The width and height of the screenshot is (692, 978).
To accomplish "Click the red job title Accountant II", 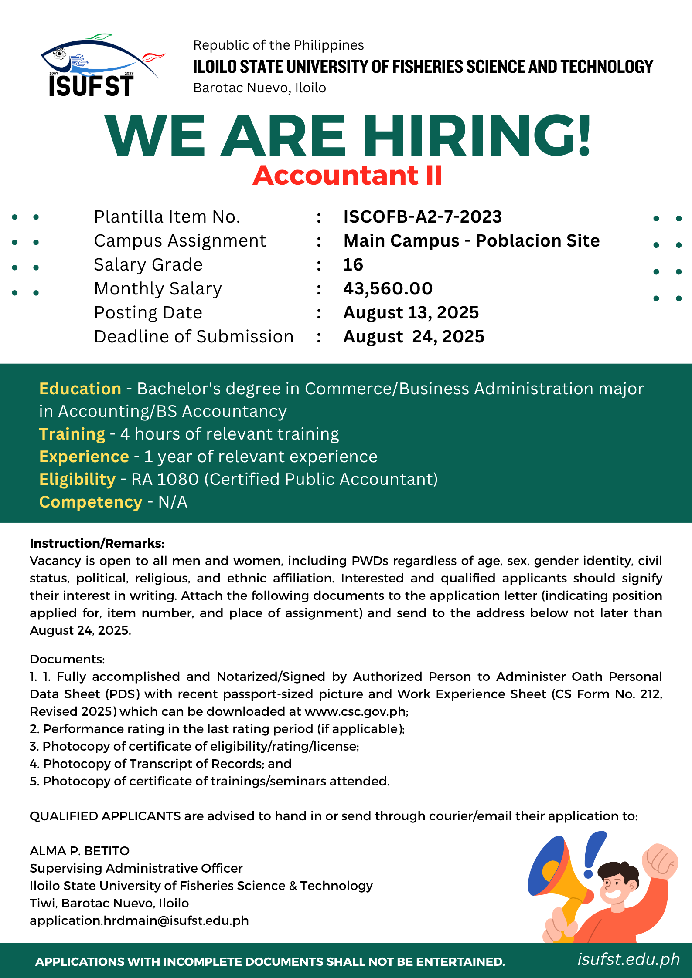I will tap(348, 176).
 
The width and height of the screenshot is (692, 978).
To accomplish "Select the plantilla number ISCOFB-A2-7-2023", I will tap(423, 217).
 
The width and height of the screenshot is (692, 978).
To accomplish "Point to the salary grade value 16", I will tap(353, 264).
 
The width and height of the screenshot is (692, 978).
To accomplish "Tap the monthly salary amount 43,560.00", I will tap(388, 288).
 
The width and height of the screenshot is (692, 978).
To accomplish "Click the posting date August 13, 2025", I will tap(411, 312).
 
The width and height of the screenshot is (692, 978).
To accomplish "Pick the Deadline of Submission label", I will tap(194, 337).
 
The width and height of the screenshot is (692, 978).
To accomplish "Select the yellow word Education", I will tap(80, 389).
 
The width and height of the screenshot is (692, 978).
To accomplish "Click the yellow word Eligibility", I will tap(77, 479).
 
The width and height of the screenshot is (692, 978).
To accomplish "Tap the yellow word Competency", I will tap(91, 502).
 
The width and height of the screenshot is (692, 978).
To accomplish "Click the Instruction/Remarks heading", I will tap(97, 543).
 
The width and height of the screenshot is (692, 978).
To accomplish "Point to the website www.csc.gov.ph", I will tap(355, 711).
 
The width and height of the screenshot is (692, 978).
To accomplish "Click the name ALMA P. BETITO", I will tap(79, 851).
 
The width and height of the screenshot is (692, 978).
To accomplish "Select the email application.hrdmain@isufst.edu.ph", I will tap(139, 920).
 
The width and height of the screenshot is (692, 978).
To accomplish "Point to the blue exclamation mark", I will tap(593, 854).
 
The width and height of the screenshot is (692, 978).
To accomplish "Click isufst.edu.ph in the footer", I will tap(628, 959).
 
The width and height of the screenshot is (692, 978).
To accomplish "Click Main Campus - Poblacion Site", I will tap(471, 240).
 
